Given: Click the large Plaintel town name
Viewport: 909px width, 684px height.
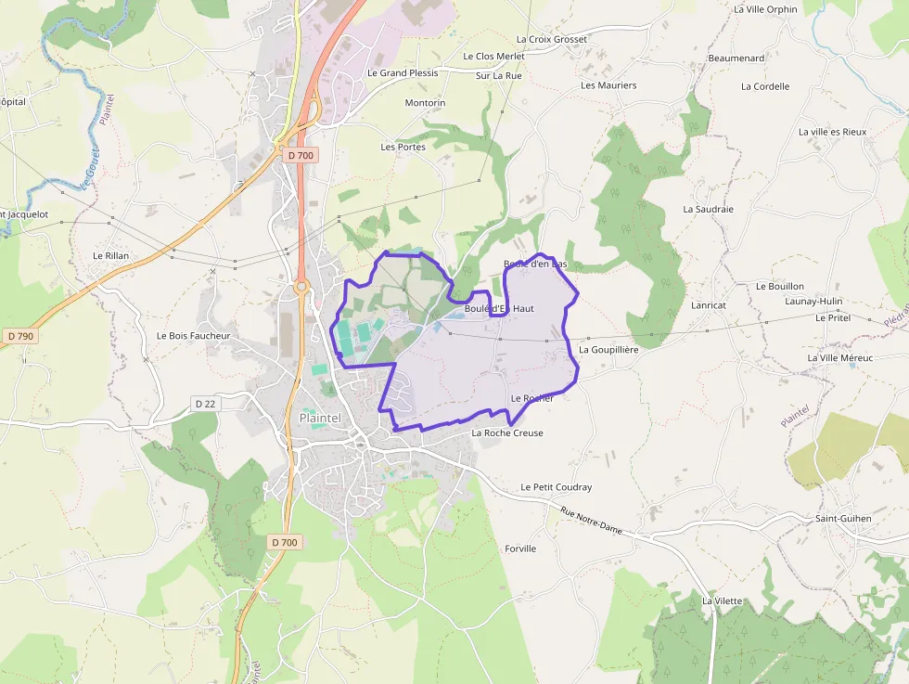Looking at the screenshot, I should point(320,419).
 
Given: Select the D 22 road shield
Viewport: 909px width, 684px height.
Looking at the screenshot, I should point(205,403).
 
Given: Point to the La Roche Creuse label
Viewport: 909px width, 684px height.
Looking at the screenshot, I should point(507,433).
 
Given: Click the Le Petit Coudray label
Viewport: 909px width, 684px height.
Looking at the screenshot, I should point(556,487).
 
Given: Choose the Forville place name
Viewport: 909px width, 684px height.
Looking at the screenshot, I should point(520,548).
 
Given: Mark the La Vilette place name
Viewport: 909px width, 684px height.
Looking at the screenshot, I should point(722,600).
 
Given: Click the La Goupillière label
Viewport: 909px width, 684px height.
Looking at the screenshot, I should point(608,350).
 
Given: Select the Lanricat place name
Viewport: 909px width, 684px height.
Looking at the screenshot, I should point(709,304).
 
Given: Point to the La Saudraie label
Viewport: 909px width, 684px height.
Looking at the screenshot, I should point(708,209).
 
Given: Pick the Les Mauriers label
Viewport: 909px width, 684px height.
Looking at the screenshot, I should point(608,85).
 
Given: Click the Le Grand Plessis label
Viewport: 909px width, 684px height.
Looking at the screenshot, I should point(403,72).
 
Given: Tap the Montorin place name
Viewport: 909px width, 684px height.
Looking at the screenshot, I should point(425,103).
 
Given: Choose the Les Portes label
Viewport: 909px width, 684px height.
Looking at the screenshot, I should point(403,147).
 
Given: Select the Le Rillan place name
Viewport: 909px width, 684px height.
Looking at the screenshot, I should point(110,255).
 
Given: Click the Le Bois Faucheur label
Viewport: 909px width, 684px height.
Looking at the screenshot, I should point(193,335).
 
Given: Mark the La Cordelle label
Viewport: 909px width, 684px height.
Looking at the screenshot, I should point(765,86).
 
